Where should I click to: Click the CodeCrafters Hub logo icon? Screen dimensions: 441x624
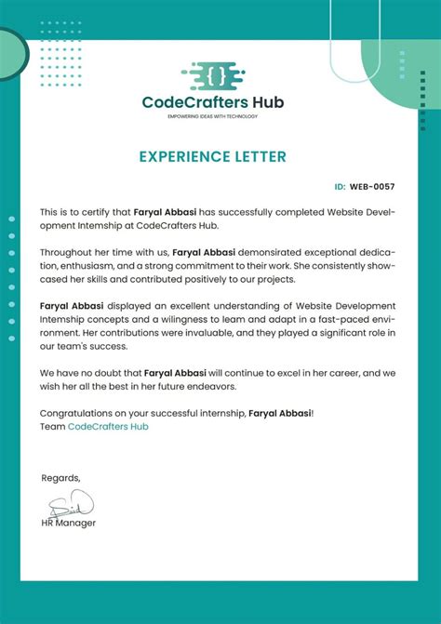(x=213, y=73)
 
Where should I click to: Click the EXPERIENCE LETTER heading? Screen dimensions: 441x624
(x=213, y=157)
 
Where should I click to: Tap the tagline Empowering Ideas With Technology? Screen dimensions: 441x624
(x=213, y=116)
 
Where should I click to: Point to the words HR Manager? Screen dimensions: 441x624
(x=69, y=523)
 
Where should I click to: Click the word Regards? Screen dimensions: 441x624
(x=60, y=478)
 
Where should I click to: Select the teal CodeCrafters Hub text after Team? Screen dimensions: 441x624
(x=108, y=426)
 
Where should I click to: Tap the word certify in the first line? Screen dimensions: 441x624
(x=96, y=212)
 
